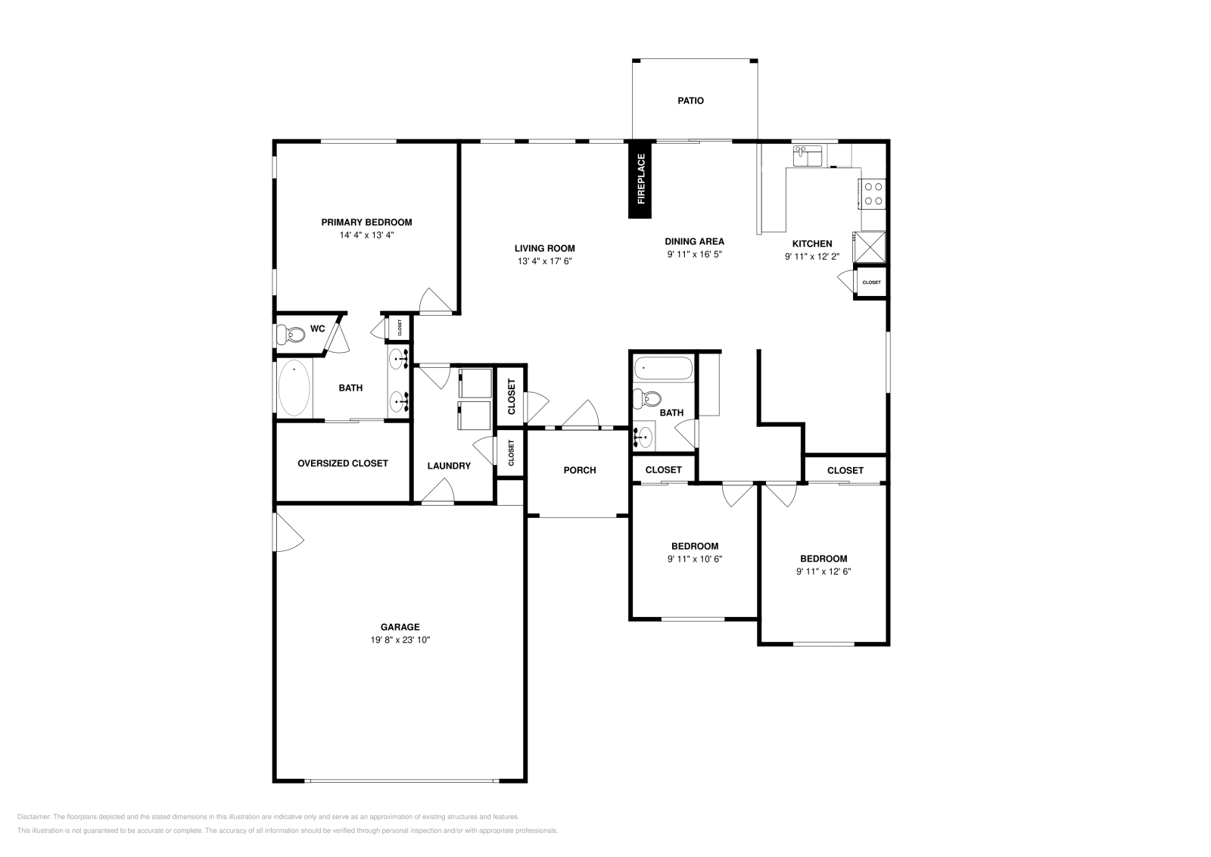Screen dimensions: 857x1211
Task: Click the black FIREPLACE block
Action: (x=640, y=179)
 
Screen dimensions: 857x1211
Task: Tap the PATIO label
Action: (x=690, y=100)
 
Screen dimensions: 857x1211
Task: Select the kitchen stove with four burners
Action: (x=872, y=192)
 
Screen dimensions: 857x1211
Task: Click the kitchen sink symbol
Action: (x=808, y=157)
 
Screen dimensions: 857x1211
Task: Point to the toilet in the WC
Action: (x=288, y=333)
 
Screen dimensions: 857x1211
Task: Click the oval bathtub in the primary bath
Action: (x=294, y=388)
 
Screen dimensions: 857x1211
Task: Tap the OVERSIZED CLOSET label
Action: (x=342, y=463)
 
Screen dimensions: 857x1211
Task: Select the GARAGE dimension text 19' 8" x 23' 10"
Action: (x=400, y=640)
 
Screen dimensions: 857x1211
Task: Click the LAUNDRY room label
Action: (x=449, y=466)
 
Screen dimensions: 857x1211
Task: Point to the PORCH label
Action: (x=580, y=470)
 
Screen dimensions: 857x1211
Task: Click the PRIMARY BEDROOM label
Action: (x=366, y=222)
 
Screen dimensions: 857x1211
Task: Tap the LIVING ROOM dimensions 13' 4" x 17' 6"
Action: (x=544, y=261)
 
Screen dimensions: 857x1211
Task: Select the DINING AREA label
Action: (x=694, y=242)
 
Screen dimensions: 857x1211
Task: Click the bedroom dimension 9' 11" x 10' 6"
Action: (x=694, y=559)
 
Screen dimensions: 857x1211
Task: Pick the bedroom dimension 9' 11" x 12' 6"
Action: (x=823, y=572)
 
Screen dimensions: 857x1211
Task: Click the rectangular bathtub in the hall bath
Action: (x=664, y=369)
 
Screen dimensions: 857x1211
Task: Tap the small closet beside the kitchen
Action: (x=871, y=282)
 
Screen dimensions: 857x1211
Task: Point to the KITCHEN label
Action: (x=811, y=244)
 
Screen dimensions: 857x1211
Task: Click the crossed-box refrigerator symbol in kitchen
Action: (x=870, y=246)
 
